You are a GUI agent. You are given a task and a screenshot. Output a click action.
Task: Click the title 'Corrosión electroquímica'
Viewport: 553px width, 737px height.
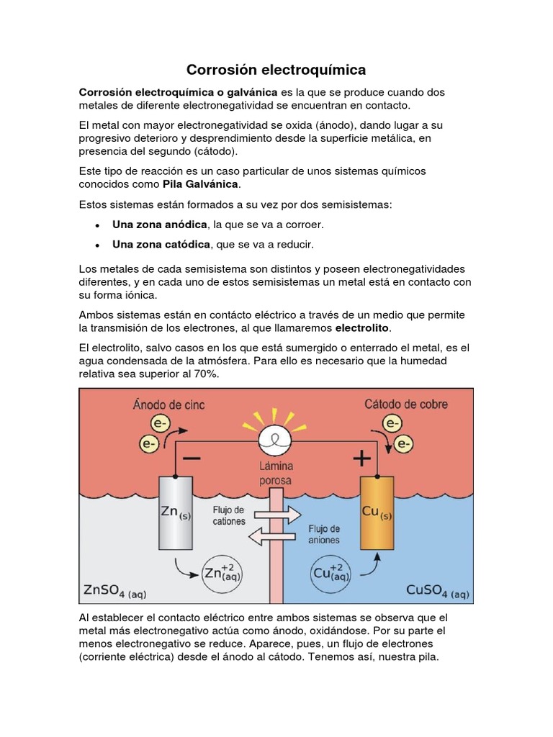276,70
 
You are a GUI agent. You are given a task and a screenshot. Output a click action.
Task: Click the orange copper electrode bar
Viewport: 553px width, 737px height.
377,512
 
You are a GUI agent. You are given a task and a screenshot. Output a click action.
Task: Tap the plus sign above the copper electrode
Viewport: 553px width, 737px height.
361,458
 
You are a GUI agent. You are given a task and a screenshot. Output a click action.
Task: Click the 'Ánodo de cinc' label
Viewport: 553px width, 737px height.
168,404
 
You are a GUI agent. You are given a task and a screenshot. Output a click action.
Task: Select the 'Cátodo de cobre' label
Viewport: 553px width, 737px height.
405,404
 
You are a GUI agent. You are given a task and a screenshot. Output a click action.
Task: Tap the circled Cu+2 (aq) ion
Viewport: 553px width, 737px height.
331,574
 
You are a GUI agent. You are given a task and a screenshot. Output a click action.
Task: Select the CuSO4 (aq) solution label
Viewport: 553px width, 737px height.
437,592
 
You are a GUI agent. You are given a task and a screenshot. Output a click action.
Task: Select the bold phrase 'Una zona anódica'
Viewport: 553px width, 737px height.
160,225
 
